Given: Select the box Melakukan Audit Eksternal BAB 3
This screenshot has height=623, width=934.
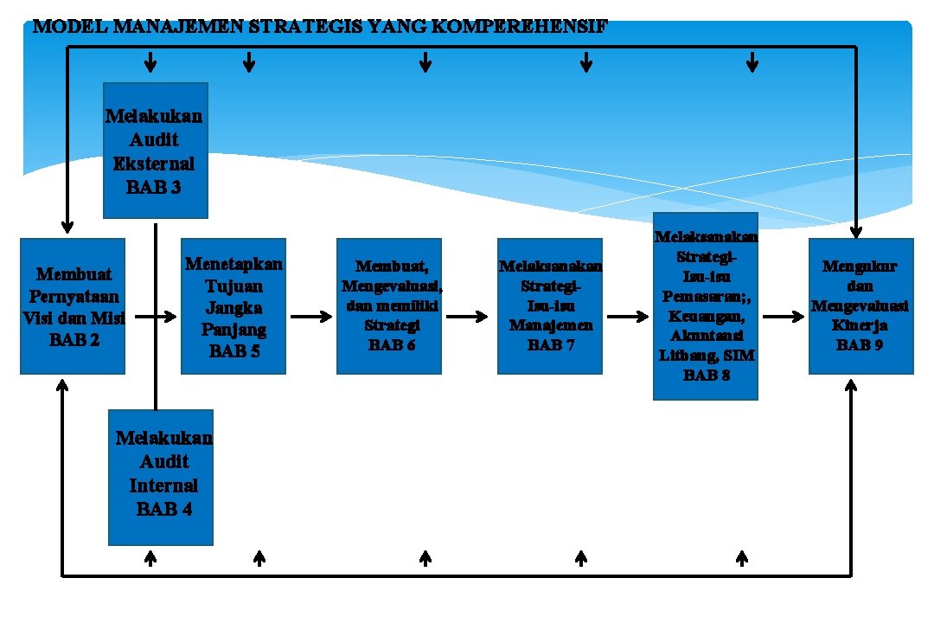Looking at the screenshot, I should (156, 150).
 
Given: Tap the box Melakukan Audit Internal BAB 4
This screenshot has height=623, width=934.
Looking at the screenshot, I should (161, 477).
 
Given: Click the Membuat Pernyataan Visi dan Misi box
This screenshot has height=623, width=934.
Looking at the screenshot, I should (73, 305).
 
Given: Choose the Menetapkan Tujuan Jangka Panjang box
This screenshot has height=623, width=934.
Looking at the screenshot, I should (233, 305).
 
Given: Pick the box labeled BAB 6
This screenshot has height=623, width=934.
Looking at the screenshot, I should (389, 305).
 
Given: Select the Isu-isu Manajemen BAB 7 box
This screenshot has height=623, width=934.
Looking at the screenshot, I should (550, 305).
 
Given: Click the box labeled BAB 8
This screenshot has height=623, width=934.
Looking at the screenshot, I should (706, 305).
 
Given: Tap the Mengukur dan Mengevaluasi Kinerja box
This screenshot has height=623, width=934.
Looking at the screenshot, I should (860, 305).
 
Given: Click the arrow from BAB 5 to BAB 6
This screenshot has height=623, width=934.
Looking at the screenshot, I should (311, 317).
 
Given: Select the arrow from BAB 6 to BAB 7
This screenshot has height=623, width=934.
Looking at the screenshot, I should (468, 317).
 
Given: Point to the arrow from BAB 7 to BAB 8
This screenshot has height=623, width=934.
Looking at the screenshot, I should (628, 317).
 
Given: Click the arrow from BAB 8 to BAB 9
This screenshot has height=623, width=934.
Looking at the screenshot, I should (784, 317).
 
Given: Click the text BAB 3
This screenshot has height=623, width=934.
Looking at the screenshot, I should (153, 186).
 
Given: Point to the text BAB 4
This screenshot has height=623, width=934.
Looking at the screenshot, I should (163, 508).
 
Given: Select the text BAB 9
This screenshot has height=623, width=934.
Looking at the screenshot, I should (860, 344).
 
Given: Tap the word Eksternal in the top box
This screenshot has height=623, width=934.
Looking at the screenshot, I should (154, 164).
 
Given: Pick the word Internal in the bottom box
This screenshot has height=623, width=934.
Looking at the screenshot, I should (163, 485).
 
